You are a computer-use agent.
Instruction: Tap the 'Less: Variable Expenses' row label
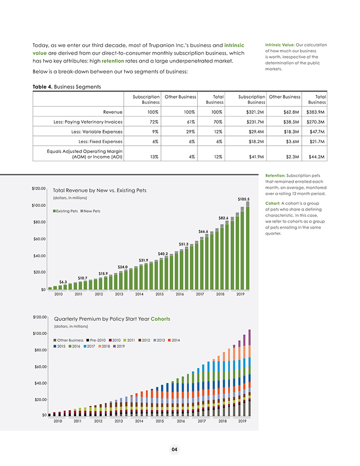[97, 131]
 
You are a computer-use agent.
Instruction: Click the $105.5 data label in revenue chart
[244, 199]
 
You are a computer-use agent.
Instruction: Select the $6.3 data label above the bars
[63, 282]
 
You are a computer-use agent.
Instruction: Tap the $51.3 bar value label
[183, 244]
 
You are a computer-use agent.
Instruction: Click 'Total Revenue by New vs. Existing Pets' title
[99, 190]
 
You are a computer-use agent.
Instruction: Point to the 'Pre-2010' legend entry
[97, 340]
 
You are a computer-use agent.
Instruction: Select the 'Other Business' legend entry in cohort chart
[70, 340]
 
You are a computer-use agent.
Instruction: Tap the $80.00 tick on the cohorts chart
[39, 350]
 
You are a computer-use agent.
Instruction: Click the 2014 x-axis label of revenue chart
[139, 294]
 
